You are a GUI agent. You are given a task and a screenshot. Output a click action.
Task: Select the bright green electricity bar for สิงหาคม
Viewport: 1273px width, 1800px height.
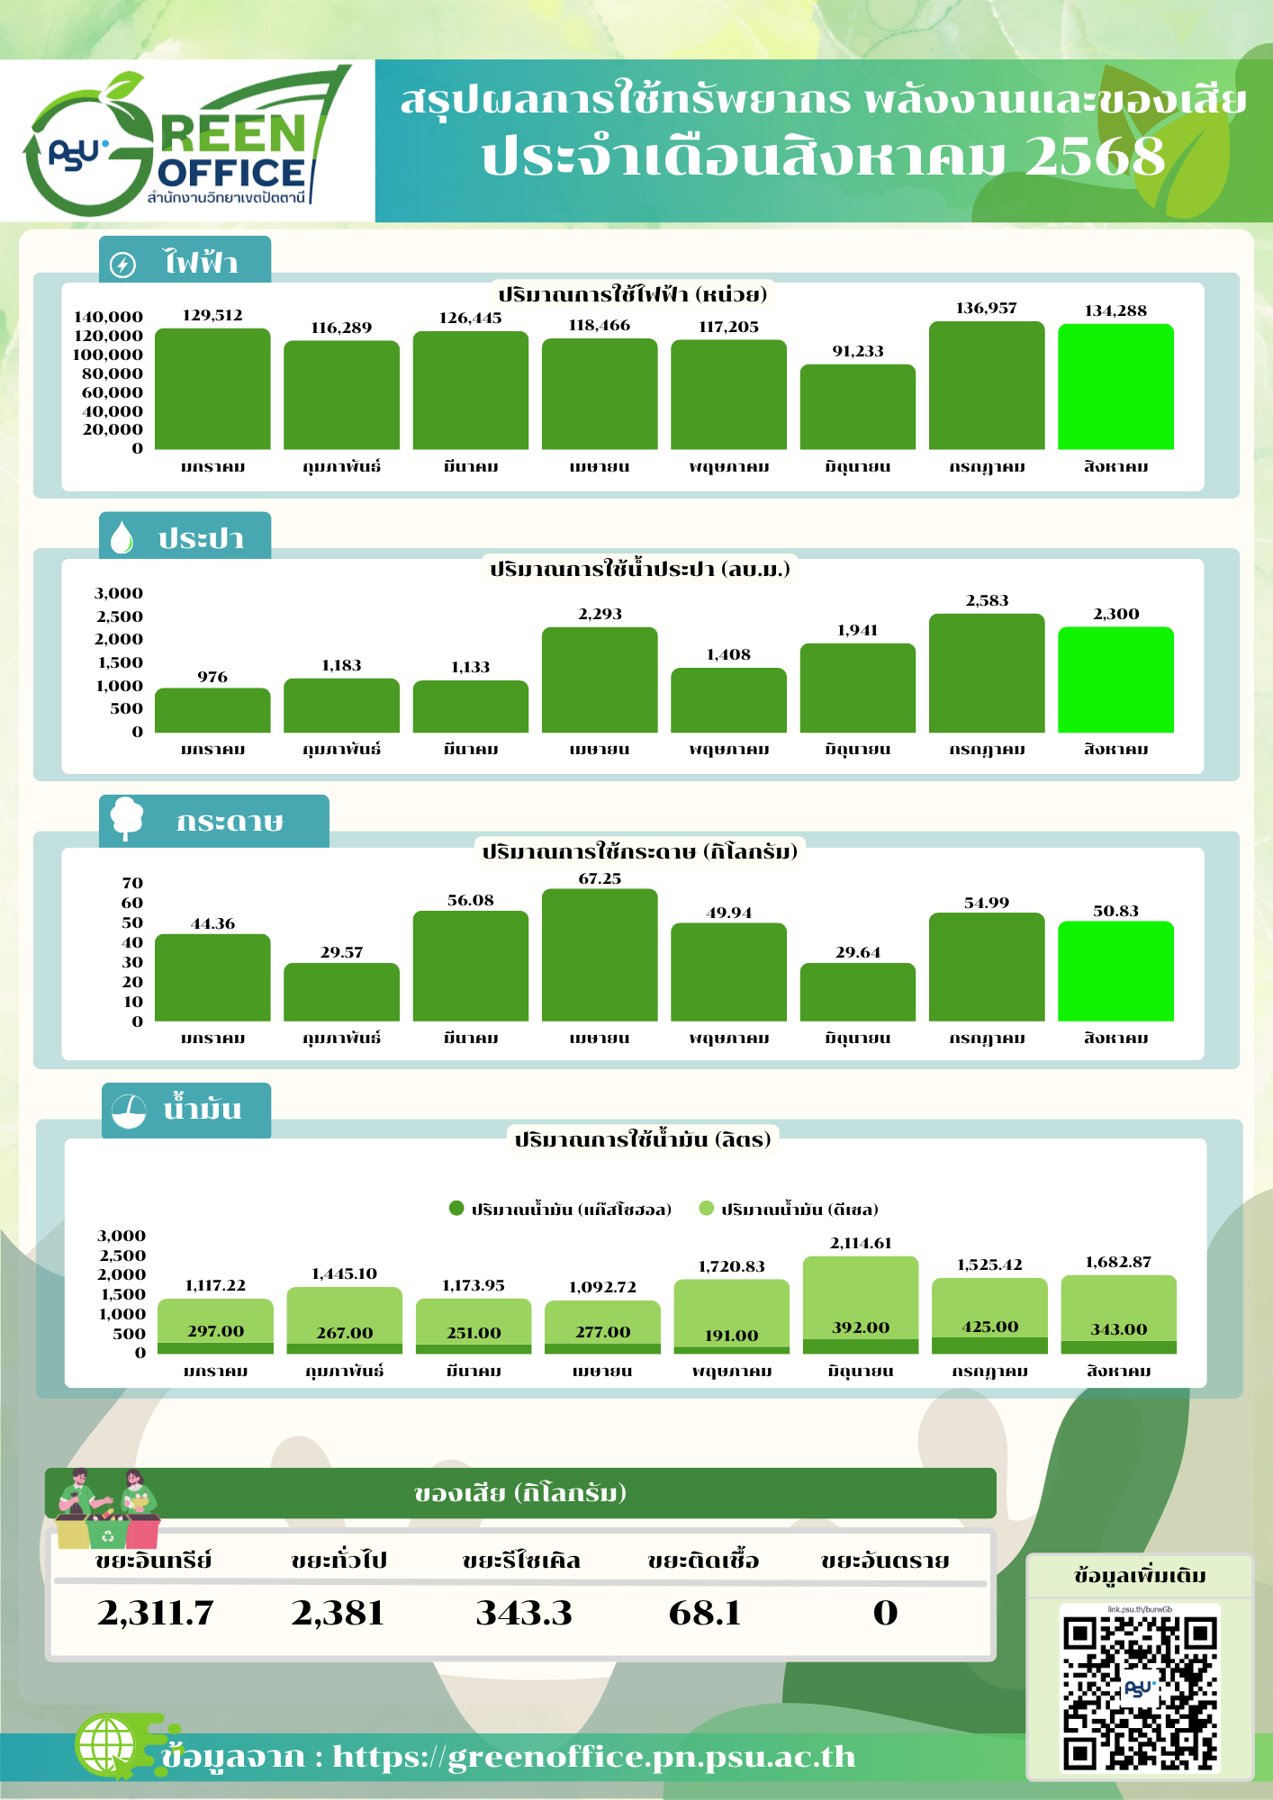[x=1115, y=386]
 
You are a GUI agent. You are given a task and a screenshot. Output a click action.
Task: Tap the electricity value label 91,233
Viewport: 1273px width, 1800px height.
[x=857, y=351]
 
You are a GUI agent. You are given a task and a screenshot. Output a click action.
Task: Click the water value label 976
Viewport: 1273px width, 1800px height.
[x=212, y=677]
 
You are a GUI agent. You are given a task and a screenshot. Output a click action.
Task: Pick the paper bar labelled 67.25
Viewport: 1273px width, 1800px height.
[x=600, y=955]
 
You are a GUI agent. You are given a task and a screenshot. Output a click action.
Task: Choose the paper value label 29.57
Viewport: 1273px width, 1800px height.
[x=341, y=952]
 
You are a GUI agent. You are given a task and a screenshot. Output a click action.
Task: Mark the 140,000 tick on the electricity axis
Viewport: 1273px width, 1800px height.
[x=108, y=317]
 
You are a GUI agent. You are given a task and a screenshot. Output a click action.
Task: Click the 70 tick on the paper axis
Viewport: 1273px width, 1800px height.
[x=132, y=883]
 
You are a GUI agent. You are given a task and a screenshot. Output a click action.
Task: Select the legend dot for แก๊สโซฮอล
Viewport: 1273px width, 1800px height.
[x=456, y=1209]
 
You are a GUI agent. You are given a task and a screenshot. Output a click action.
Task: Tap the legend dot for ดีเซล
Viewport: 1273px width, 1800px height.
[x=707, y=1209]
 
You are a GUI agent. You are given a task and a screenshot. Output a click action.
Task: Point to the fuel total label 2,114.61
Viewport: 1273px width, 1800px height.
[x=861, y=1243]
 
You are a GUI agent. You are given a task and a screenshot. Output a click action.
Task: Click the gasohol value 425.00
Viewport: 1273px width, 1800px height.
[x=989, y=1327]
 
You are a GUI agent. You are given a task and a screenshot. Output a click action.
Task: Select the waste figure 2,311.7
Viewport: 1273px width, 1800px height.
[x=156, y=1613]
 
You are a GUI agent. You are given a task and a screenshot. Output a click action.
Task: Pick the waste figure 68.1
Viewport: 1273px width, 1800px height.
[x=705, y=1613]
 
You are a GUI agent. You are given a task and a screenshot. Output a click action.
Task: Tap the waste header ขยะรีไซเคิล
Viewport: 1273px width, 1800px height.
[x=521, y=1561]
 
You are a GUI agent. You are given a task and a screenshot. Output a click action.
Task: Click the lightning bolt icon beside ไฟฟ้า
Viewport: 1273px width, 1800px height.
[x=122, y=265]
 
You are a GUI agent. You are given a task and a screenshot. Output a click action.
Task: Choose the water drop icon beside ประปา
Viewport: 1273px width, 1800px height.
[x=122, y=537]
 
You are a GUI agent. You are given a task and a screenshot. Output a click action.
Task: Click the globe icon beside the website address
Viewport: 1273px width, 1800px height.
[x=106, y=1745]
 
